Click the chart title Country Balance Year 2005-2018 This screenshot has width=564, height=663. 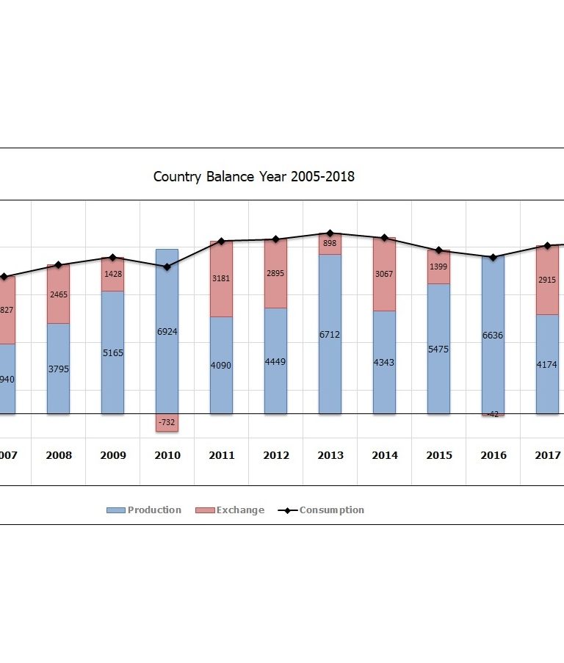pyautogui.click(x=253, y=177)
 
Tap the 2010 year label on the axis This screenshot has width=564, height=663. pyautogui.click(x=167, y=455)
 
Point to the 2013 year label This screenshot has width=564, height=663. pyautogui.click(x=330, y=455)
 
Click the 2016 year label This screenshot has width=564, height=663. pyautogui.click(x=493, y=455)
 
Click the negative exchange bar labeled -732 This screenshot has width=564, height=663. pyautogui.click(x=167, y=423)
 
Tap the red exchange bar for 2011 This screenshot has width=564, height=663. pyautogui.click(x=222, y=278)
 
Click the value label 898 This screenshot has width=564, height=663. pyautogui.click(x=330, y=243)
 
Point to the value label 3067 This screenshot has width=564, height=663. pyautogui.click(x=385, y=274)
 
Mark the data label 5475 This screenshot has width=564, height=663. pyautogui.click(x=439, y=349)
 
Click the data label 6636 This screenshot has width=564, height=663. pyautogui.click(x=493, y=335)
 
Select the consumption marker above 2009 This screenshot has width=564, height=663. pyautogui.click(x=113, y=258)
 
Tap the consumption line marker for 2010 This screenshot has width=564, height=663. pyautogui.click(x=167, y=267)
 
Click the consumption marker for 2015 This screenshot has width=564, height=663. pyautogui.click(x=439, y=250)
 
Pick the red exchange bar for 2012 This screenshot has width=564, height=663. pyautogui.click(x=276, y=273)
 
